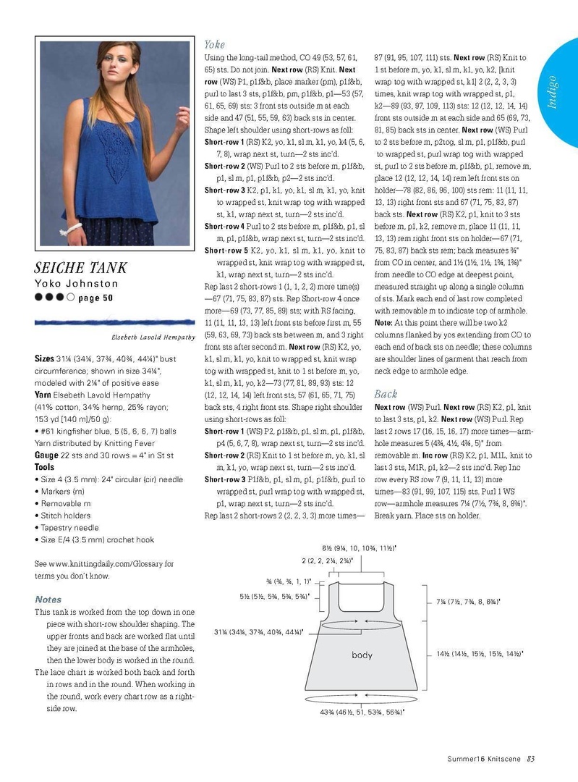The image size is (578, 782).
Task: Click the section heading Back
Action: click(x=386, y=394)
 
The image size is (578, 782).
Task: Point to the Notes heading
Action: click(x=48, y=600)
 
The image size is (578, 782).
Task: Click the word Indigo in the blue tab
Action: click(x=552, y=91)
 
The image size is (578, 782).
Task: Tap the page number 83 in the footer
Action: click(x=530, y=759)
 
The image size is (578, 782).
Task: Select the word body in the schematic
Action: click(x=362, y=655)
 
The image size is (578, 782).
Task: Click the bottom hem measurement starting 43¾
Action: click(x=362, y=712)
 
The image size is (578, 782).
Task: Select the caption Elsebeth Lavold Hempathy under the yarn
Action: click(x=153, y=337)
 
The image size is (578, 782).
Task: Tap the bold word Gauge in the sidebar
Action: click(x=46, y=455)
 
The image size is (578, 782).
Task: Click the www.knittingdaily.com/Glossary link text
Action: click(x=109, y=563)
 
